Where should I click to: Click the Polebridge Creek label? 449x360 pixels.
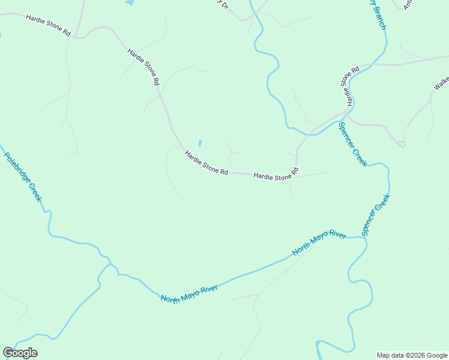(x=23, y=177)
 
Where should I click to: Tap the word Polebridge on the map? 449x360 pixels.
(x=17, y=167)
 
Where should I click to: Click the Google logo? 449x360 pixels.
(x=20, y=353)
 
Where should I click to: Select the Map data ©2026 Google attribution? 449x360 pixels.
(x=411, y=355)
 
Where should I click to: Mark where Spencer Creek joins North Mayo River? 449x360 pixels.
(x=364, y=238)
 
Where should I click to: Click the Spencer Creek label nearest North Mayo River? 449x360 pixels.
(x=376, y=214)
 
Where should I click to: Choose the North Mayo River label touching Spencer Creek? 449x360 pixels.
(x=319, y=243)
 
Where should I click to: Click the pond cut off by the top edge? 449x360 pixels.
(x=129, y=2)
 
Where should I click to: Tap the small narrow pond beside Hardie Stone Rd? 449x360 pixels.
(x=200, y=144)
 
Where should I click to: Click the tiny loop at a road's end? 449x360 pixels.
(x=402, y=144)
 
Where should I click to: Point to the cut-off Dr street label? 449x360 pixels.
(x=223, y=4)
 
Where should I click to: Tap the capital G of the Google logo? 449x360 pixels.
(x=8, y=352)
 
